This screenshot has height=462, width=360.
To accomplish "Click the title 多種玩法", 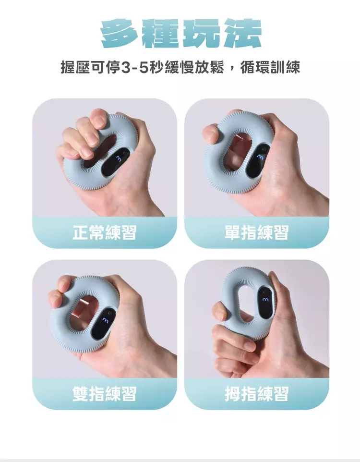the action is click(181, 33).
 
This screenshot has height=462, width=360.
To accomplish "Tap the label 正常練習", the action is click(105, 232).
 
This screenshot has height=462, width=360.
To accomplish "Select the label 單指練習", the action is click(257, 232).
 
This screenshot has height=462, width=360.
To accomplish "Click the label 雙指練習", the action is click(105, 394).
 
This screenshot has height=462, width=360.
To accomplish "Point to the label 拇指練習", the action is click(257, 394).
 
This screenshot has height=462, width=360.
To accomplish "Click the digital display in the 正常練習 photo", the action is click(116, 163).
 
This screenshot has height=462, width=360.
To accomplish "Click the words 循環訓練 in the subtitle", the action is click(270, 68).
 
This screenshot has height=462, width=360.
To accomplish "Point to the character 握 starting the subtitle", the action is click(68, 68).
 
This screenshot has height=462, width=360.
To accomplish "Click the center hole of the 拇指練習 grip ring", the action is click(248, 305).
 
